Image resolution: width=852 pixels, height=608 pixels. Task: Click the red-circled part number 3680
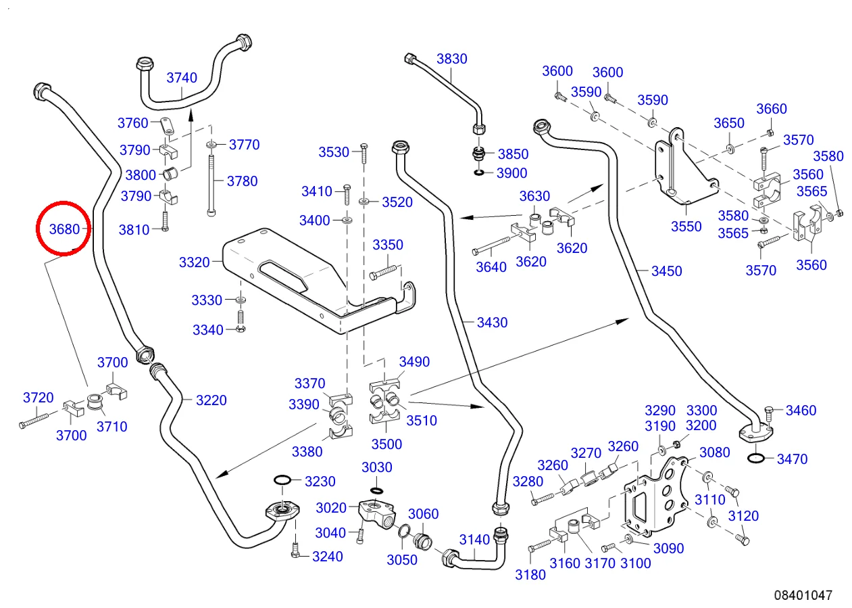tap(65, 229)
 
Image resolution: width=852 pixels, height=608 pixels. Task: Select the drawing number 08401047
tap(803, 595)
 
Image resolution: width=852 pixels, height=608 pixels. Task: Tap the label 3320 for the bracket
tap(195, 262)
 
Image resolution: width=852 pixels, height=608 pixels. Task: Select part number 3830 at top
tap(451, 59)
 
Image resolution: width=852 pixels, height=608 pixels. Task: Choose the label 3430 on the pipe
tap(492, 323)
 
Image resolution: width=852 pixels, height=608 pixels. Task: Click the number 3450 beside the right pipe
tap(666, 271)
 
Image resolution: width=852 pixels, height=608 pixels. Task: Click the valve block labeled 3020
tap(378, 511)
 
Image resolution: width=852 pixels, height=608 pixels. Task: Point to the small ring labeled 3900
tap(479, 173)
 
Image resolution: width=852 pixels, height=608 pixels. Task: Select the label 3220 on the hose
tap(211, 400)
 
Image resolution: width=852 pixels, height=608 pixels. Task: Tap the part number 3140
tap(474, 540)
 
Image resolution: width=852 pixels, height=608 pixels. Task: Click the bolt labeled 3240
tap(295, 551)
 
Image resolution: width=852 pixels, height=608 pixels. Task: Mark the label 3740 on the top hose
tap(182, 78)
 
